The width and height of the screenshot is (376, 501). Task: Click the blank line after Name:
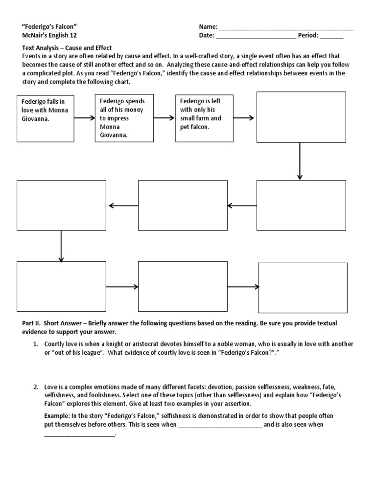(286, 27)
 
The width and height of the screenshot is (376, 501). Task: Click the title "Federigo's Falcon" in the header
(50, 26)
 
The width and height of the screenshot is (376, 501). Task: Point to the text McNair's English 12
(49, 35)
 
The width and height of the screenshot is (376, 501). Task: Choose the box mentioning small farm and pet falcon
(204, 118)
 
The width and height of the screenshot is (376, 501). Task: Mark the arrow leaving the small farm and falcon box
(243, 118)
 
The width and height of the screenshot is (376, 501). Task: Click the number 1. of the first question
(36, 344)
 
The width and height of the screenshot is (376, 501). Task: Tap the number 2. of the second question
(36, 387)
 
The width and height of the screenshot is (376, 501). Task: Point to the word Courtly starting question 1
(55, 344)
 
